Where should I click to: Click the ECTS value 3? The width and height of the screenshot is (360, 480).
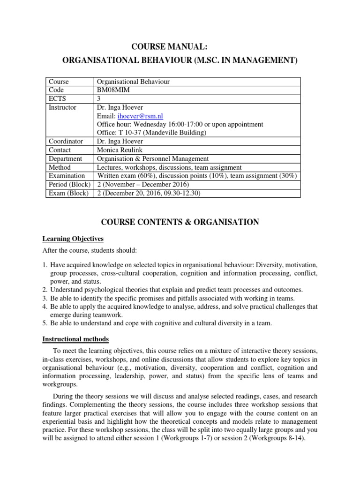(98, 98)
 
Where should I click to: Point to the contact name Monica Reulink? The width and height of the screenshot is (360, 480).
(119, 150)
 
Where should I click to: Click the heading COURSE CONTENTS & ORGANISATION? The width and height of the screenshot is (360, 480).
(180, 222)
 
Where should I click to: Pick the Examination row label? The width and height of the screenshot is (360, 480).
(67, 176)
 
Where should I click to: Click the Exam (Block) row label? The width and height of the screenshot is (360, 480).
(68, 193)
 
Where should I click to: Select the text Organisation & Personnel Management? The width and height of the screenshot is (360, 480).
(153, 158)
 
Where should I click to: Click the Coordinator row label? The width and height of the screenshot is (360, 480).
(66, 141)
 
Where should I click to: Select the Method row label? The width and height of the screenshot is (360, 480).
(60, 167)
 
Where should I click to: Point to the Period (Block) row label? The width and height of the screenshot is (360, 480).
(69, 184)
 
